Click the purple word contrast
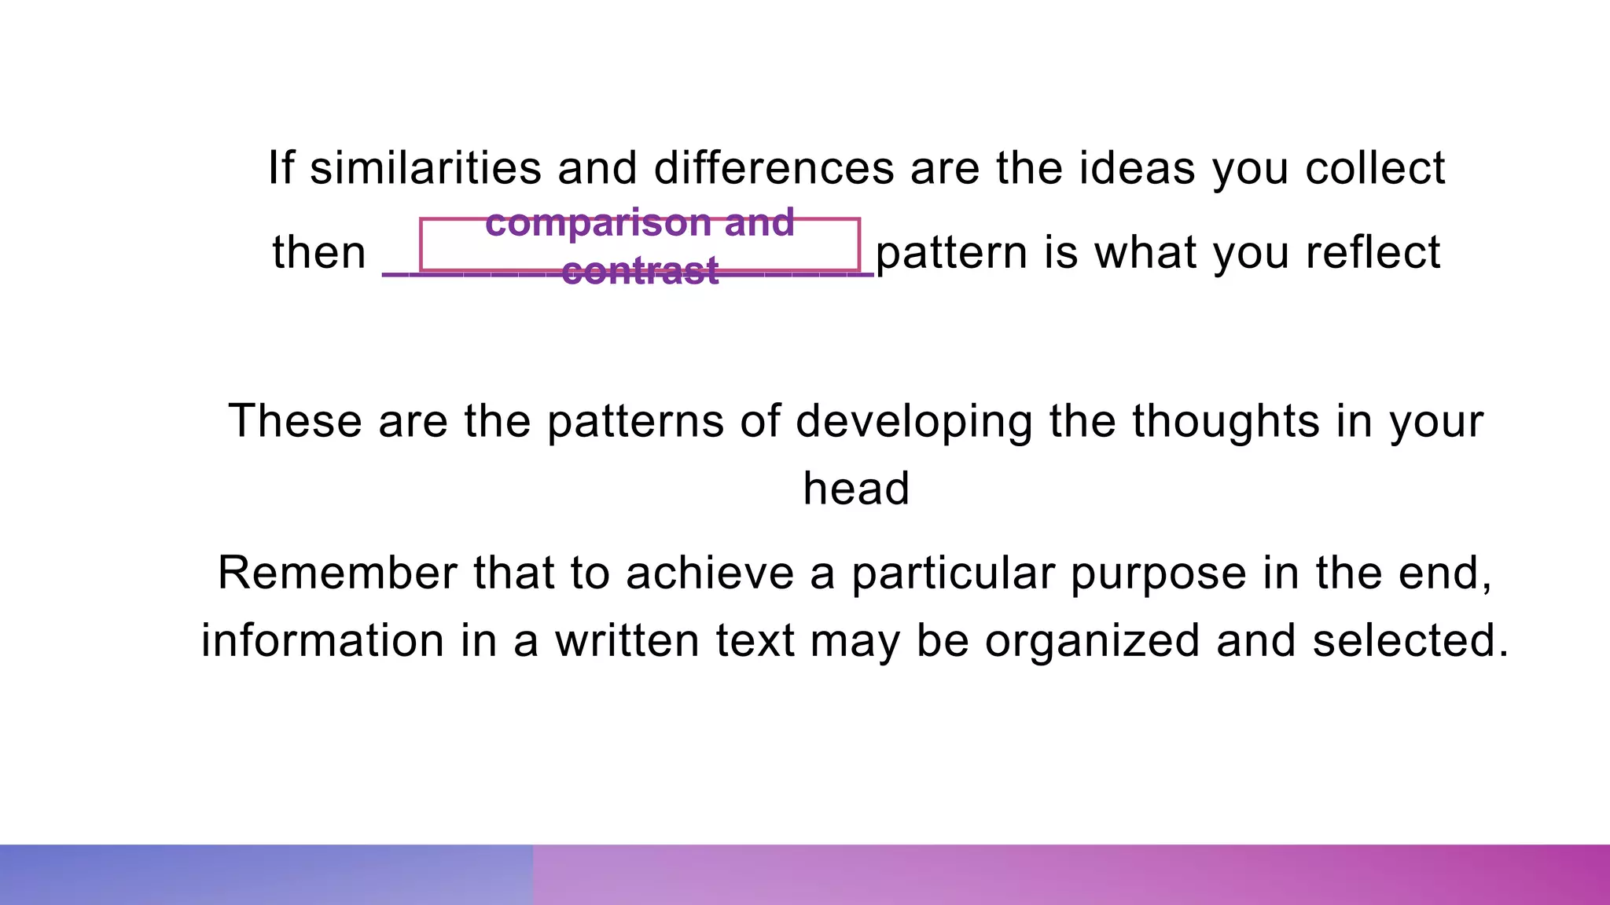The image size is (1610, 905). click(x=640, y=271)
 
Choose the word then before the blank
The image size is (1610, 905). click(x=319, y=252)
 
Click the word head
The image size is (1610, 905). click(x=856, y=488)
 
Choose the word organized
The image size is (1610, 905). click(x=1092, y=641)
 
